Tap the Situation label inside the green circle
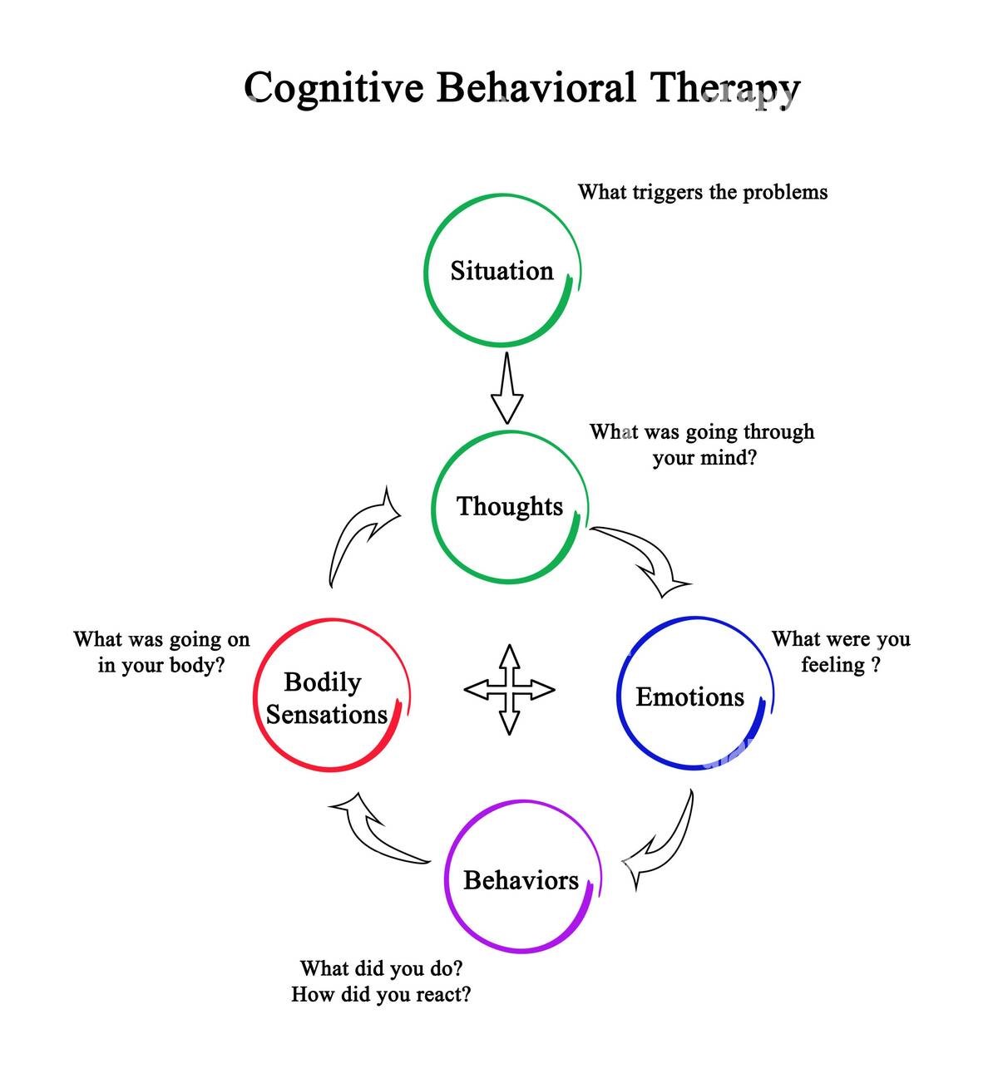(502, 271)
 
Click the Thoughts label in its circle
(510, 506)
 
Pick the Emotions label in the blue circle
(690, 697)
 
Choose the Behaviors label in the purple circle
(521, 880)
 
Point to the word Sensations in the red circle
(327, 715)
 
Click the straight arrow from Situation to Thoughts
(507, 388)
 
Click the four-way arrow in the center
(510, 690)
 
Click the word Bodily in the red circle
(323, 683)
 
